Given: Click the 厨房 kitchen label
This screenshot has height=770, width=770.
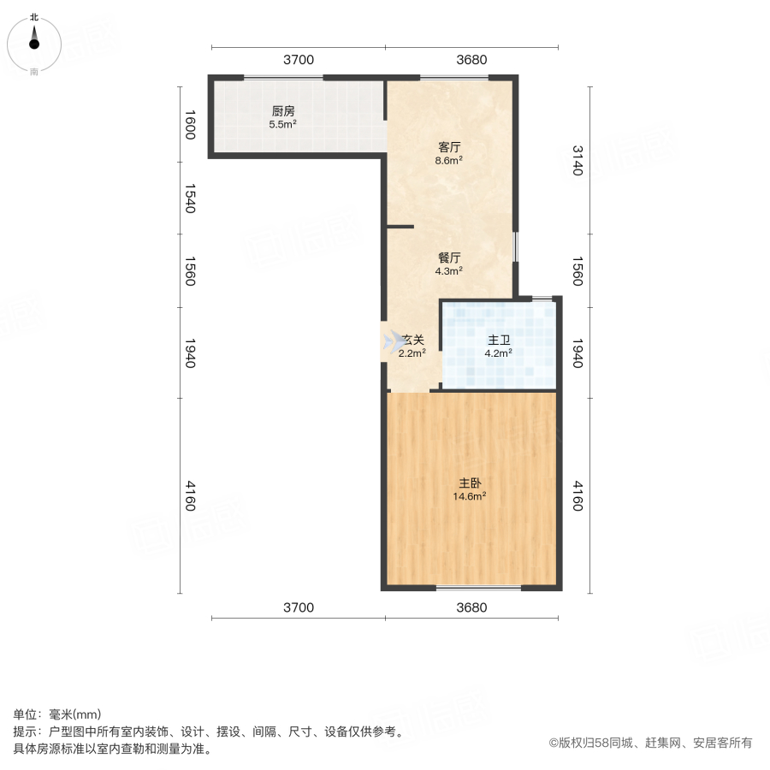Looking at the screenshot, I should click(x=283, y=111).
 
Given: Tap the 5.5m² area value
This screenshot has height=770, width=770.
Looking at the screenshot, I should click(x=283, y=125).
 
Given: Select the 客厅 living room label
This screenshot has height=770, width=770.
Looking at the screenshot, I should click(x=449, y=145).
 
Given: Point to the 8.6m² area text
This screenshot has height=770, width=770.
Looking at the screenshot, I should click(x=449, y=159).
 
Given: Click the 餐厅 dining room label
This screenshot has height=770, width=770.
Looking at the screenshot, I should click(x=449, y=257).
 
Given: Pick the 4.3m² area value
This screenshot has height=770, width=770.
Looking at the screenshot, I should click(x=449, y=270).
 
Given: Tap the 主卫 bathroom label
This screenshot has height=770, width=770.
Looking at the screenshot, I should click(x=499, y=339).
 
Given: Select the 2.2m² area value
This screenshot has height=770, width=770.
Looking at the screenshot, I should click(x=412, y=352).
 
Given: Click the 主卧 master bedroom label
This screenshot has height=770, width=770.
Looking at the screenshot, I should click(x=470, y=482).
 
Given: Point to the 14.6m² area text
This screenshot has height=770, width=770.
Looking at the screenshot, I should click(x=470, y=495).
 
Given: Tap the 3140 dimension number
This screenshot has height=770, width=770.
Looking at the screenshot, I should click(x=576, y=160).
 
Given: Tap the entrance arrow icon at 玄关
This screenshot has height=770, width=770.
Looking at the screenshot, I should click(x=394, y=341).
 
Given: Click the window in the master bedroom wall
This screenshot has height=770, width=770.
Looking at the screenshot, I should click(x=478, y=588).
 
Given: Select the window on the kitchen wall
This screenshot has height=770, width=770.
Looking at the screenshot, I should click(x=283, y=79).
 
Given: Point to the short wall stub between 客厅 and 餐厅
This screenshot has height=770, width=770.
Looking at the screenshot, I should click(x=400, y=227).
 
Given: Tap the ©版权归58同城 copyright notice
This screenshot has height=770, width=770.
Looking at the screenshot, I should click(x=650, y=743).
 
